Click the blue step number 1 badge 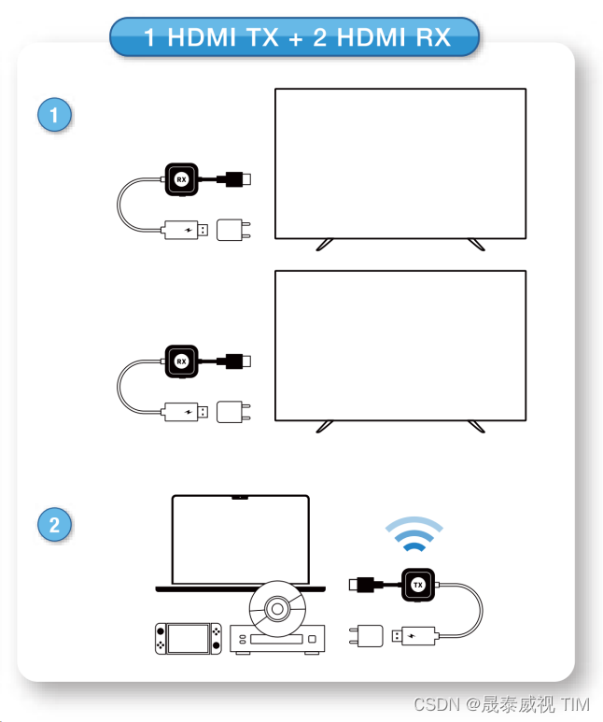[x=55, y=115]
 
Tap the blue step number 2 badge [x=55, y=524]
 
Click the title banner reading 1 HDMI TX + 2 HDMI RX [x=295, y=38]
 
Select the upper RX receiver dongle [x=182, y=178]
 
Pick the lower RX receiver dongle [x=182, y=361]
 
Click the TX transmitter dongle [x=418, y=585]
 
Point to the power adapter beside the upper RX [x=230, y=230]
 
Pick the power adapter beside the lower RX [x=230, y=412]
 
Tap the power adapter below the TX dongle [x=371, y=637]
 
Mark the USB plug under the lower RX [x=185, y=412]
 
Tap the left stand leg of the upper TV [x=324, y=244]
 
